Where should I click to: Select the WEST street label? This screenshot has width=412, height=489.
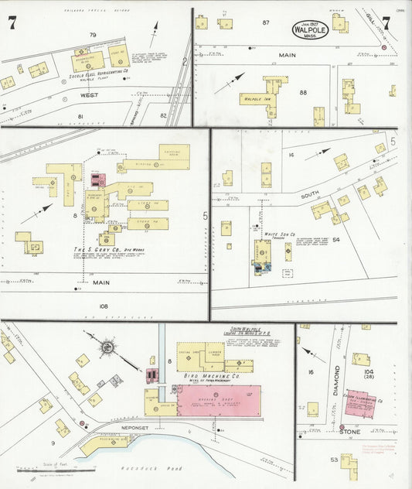click(x=83, y=95)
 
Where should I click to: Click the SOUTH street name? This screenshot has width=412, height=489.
click(x=310, y=196)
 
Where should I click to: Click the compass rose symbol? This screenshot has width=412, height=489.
click(x=105, y=346)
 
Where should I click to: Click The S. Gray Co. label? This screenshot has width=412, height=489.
click(x=103, y=250)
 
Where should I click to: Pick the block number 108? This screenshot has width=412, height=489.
click(x=103, y=306)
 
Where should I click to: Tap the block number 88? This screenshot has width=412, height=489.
click(x=302, y=93)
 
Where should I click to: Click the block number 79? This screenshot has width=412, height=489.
click(x=93, y=35)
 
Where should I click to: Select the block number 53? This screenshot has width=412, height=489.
click(x=334, y=459)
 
